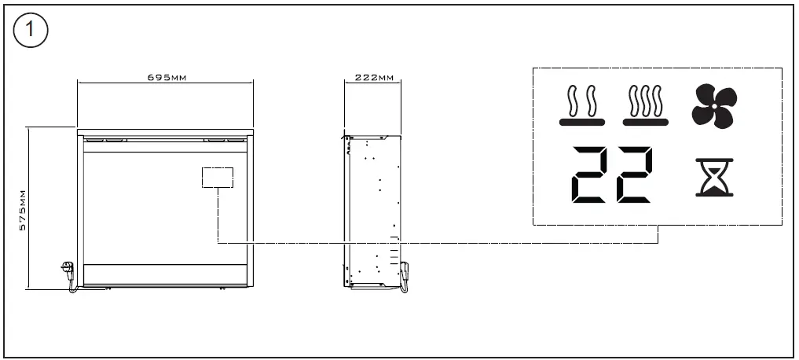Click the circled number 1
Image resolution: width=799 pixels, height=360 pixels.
[x=30, y=30]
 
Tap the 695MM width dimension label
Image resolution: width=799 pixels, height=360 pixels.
[x=167, y=78]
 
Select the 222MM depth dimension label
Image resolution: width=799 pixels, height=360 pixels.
[x=374, y=78]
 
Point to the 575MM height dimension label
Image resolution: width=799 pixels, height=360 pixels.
[x=23, y=210]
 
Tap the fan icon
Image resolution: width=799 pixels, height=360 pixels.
[x=714, y=106]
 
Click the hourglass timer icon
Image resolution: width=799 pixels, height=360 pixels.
[x=714, y=178]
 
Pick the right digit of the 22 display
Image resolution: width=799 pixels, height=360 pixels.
[x=635, y=174]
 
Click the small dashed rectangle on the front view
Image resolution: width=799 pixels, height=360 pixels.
[x=218, y=178]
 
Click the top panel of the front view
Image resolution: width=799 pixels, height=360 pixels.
[x=165, y=132]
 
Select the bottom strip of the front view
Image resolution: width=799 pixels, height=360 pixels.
[x=165, y=274]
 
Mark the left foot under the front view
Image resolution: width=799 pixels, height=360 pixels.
[x=108, y=288]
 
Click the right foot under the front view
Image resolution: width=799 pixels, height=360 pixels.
[x=222, y=288]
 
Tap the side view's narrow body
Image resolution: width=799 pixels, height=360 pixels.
[x=373, y=211]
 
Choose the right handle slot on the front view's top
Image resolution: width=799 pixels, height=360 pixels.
[x=224, y=138]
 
